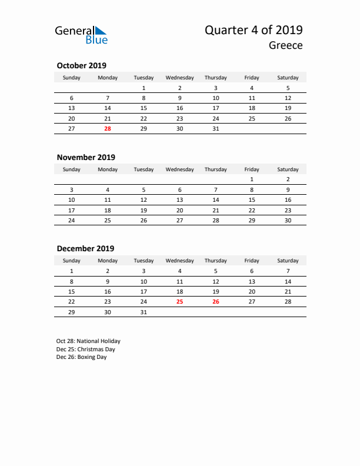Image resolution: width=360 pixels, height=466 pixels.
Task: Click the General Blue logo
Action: [x=81, y=35]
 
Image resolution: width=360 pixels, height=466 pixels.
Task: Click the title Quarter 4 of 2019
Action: [x=254, y=30]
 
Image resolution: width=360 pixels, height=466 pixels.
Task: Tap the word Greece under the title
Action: [x=286, y=45]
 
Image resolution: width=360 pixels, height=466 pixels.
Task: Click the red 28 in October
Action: [x=108, y=128]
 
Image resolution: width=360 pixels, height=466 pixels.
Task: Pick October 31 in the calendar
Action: [x=215, y=128]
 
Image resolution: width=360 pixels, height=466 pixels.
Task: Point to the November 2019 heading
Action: [x=86, y=157]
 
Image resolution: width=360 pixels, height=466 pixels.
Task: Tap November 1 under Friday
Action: [x=252, y=179]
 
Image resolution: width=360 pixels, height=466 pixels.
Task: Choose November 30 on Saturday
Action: [x=288, y=220]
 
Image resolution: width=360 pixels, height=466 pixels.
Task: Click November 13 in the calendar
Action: [x=179, y=199]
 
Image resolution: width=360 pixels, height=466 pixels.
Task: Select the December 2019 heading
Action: [x=85, y=249]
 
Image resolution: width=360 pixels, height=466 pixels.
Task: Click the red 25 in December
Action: [x=179, y=301]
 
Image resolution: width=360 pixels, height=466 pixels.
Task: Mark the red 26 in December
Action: [x=215, y=301]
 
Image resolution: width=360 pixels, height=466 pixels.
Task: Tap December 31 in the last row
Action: [x=144, y=312]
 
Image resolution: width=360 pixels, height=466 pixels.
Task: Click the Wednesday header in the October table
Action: [x=179, y=78]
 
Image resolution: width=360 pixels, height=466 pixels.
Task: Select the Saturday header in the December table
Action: [x=288, y=261]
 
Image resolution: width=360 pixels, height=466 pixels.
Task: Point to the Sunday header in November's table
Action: [x=72, y=169]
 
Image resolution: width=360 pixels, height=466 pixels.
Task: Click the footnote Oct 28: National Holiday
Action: [x=88, y=341]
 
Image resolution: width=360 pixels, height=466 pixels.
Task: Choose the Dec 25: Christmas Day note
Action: [x=86, y=349]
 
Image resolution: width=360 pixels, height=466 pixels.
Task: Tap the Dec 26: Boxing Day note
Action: [x=82, y=357]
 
